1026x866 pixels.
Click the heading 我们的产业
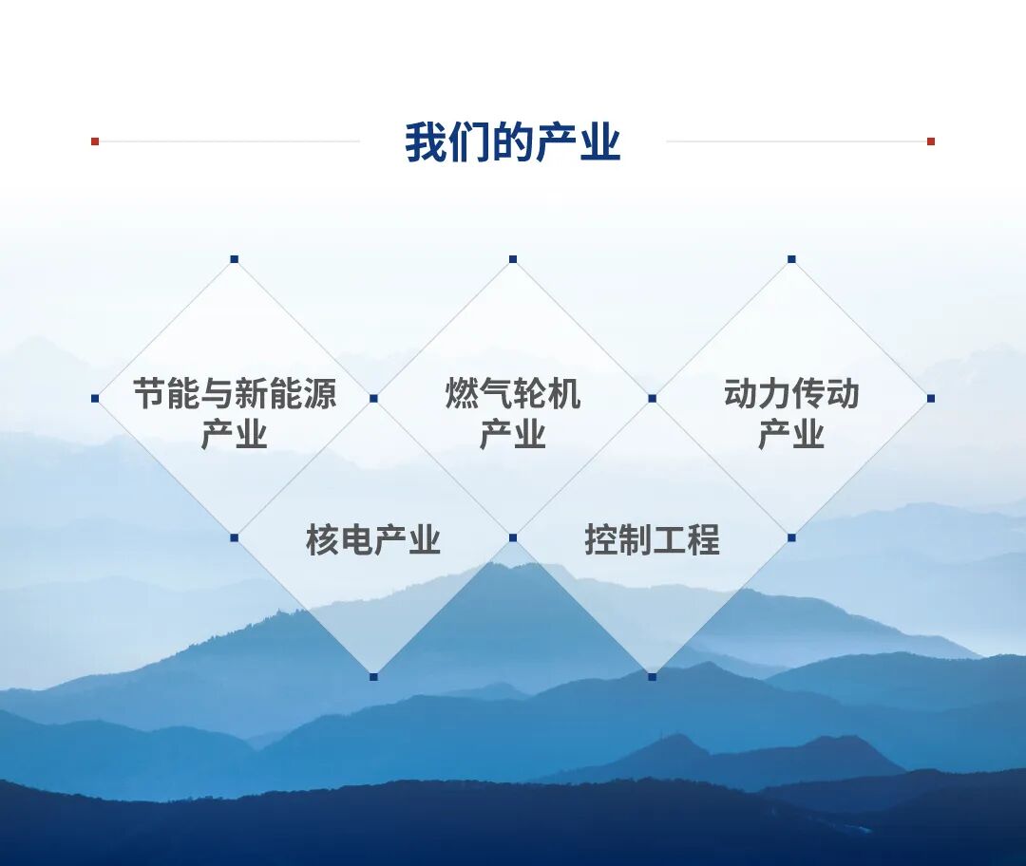[x=512, y=142]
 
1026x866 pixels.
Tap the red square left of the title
[x=95, y=141]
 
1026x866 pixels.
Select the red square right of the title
[x=931, y=141]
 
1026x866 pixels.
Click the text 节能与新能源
[x=235, y=393]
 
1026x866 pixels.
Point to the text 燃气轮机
[x=513, y=393]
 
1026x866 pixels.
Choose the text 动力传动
[x=791, y=393]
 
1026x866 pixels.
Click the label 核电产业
[x=373, y=540]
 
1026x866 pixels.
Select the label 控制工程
[x=652, y=540]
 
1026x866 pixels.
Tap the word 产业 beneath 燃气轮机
[x=513, y=435]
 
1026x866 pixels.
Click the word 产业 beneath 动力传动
[x=791, y=435]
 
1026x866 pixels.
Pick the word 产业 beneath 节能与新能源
[x=235, y=435]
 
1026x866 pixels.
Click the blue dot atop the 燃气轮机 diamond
[x=513, y=259]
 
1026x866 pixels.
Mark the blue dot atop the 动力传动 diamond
[x=791, y=259]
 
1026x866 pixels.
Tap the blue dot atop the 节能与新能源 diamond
[x=235, y=259]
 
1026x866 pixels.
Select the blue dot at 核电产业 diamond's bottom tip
[x=373, y=676]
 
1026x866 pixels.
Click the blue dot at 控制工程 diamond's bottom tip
[x=652, y=676]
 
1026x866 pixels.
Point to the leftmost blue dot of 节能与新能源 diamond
[x=95, y=399]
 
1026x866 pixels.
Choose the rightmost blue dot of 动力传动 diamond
[x=931, y=399]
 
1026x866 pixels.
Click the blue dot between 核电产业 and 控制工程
[x=513, y=537]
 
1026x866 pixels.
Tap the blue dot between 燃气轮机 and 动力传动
[x=652, y=399]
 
